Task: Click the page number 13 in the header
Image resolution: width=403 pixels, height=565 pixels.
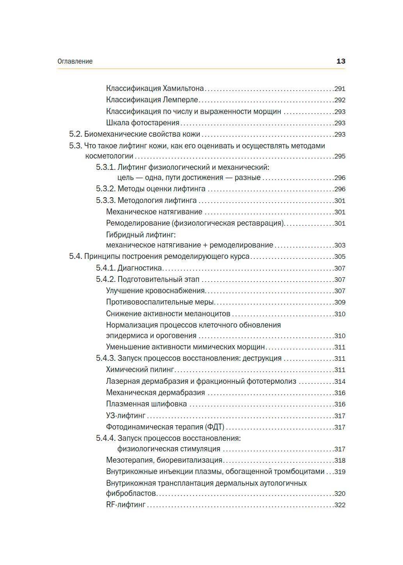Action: coord(341,61)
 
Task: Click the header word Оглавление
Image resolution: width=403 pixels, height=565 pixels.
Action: coord(75,61)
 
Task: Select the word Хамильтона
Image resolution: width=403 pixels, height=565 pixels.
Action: coord(183,89)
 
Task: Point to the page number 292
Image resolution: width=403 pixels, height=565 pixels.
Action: coord(340,100)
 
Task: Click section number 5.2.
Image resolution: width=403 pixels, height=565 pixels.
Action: coord(75,134)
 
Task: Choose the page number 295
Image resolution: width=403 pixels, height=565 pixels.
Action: coord(340,157)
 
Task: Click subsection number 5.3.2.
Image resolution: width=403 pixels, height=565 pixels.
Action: coord(106,189)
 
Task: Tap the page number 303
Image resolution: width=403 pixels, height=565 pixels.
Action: coord(340,246)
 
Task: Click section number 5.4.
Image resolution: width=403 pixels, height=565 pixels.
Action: coord(75,257)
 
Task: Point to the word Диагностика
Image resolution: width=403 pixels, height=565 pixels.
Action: coord(140,268)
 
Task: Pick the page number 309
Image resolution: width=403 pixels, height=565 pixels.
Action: coord(340,303)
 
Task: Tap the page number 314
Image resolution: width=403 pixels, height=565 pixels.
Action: coord(340,382)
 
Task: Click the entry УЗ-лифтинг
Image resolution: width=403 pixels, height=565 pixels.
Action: coord(126,416)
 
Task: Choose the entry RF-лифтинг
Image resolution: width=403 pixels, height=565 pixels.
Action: coord(126,505)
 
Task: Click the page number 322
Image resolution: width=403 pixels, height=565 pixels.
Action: coord(340,505)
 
